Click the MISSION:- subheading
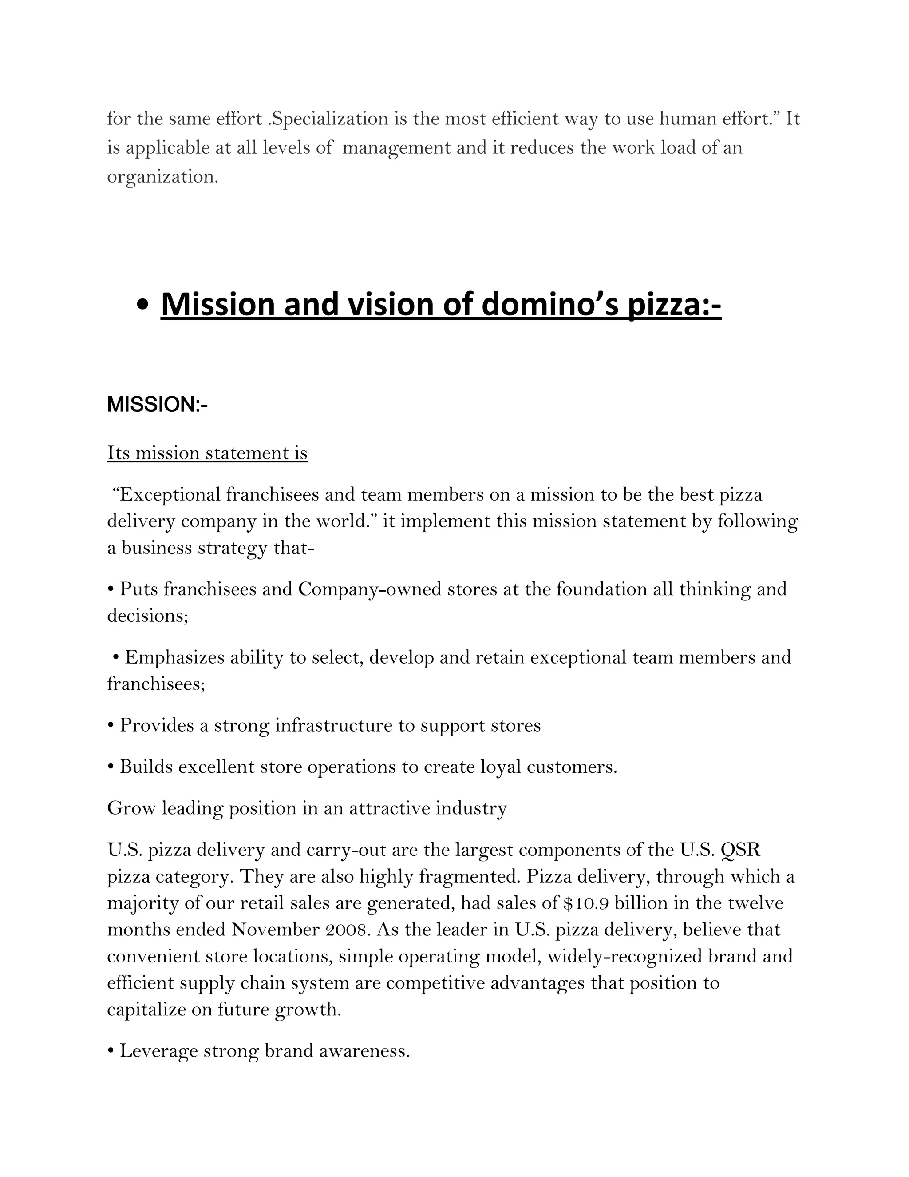[x=157, y=405]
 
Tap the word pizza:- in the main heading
[x=675, y=305]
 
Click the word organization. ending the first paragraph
[x=162, y=177]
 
